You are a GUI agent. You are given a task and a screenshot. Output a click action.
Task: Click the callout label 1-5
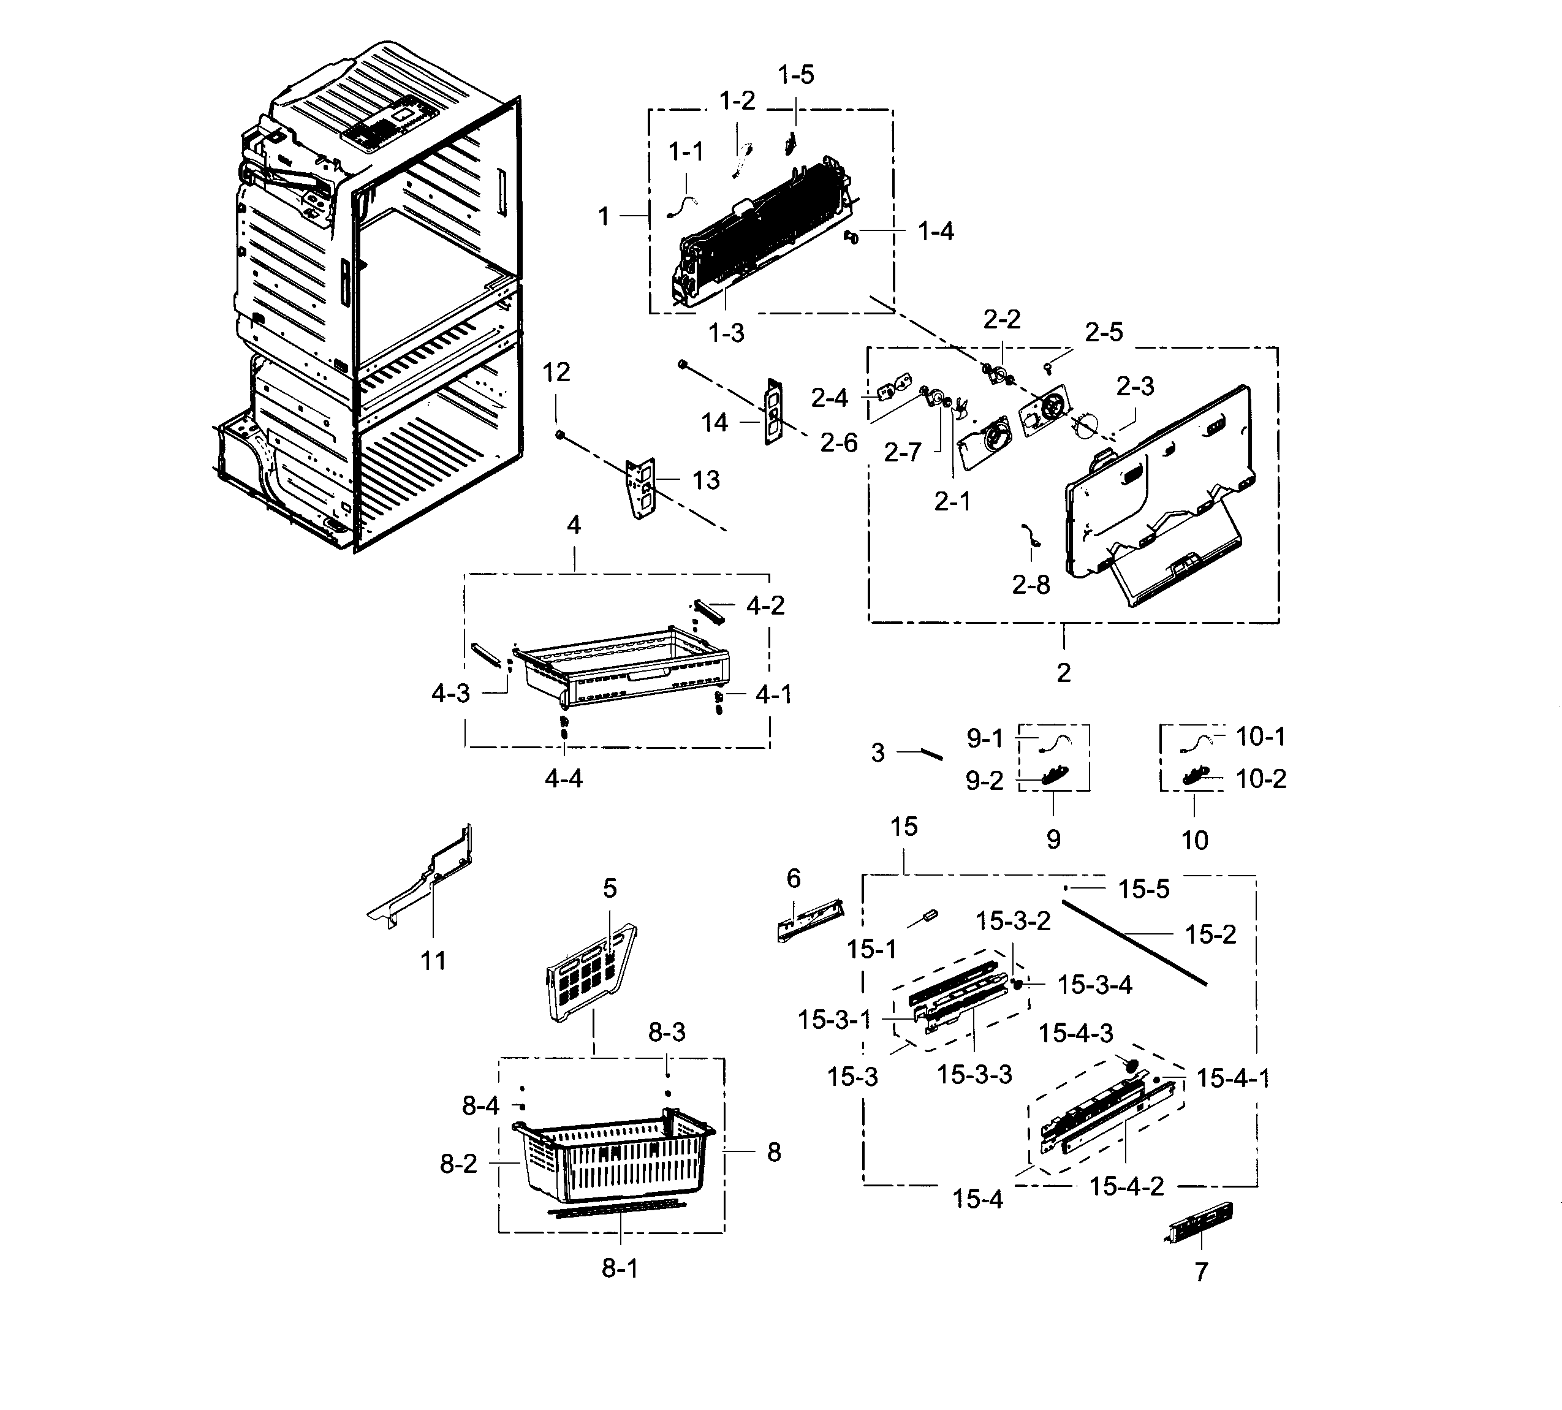click(x=796, y=75)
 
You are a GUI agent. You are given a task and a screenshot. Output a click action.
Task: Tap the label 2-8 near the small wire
click(x=1031, y=585)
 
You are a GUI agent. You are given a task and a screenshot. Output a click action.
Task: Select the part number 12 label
click(x=556, y=373)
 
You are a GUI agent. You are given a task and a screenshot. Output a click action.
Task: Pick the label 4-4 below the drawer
click(x=563, y=778)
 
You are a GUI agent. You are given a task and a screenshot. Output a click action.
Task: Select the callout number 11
click(x=433, y=961)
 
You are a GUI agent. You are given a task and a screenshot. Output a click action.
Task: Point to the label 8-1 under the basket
click(x=620, y=1268)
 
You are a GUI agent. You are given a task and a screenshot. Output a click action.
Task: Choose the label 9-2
click(x=984, y=781)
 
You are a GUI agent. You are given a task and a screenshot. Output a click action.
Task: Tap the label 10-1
click(x=1261, y=737)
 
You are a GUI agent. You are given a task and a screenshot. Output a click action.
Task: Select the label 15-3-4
click(x=1095, y=985)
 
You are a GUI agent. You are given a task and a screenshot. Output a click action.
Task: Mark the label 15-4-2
click(x=1126, y=1186)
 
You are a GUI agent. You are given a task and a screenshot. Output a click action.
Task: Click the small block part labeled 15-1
click(x=927, y=917)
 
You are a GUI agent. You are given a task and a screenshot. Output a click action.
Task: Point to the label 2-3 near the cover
click(x=1135, y=386)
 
